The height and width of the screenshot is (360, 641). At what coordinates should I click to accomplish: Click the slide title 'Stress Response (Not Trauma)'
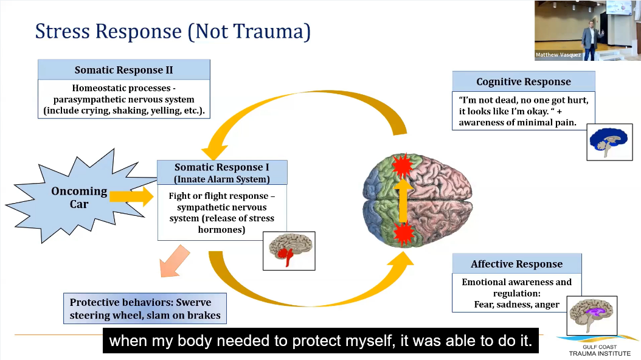[173, 31]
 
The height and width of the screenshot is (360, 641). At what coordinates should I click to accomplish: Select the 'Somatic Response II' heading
[123, 70]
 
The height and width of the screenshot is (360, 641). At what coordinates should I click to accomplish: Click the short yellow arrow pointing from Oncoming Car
[131, 196]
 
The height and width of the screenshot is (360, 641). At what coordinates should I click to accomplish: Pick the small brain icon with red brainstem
[289, 251]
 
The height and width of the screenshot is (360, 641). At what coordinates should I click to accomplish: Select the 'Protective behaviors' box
[145, 309]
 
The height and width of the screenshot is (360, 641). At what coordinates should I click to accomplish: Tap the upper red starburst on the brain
[403, 165]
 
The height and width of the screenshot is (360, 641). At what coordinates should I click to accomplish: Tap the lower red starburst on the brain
[403, 233]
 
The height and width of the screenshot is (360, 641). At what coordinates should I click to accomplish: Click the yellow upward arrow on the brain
[403, 199]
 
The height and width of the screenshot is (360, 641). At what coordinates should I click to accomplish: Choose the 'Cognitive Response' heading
[523, 81]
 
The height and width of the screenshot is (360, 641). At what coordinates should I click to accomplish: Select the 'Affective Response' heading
[516, 264]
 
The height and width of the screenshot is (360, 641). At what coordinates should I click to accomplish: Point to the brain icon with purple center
[592, 315]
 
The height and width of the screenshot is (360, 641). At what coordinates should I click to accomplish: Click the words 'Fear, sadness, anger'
[516, 304]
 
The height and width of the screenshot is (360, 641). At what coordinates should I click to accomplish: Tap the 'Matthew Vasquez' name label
[558, 55]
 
